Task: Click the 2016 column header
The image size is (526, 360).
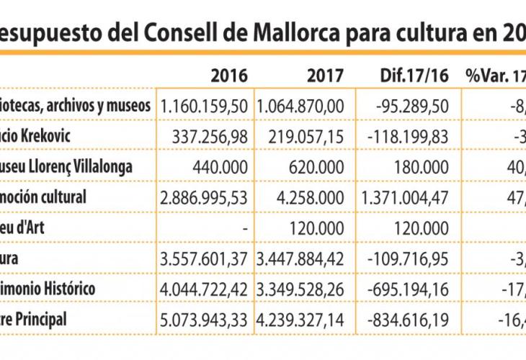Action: (229, 75)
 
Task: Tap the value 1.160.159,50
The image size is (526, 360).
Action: (205, 105)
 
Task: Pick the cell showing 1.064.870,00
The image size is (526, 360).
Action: (300, 105)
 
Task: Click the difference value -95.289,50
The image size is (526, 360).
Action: (414, 105)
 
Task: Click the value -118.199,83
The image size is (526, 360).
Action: (408, 135)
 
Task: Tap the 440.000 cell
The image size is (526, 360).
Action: (223, 166)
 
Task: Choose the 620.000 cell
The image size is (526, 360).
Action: (319, 166)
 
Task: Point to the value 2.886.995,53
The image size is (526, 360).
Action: (205, 196)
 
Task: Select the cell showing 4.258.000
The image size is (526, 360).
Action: (310, 196)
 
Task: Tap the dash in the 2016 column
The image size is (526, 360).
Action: (245, 227)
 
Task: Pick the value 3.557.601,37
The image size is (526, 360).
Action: (205, 257)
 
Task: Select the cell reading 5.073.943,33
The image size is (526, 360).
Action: (205, 318)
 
